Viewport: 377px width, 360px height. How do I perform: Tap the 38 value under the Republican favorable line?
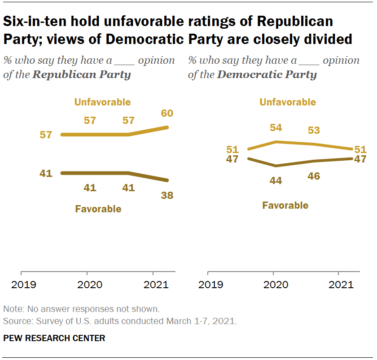pyautogui.click(x=167, y=196)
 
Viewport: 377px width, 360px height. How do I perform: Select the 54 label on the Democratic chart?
pyautogui.click(x=275, y=128)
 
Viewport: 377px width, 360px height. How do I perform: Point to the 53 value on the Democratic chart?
pyautogui.click(x=313, y=131)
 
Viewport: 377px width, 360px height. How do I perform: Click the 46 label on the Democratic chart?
pyautogui.click(x=313, y=176)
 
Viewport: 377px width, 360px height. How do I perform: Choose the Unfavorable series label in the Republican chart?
pyautogui.click(x=102, y=102)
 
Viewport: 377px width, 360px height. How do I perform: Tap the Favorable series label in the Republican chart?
pyautogui.click(x=98, y=209)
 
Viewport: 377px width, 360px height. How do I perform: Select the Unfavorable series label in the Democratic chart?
pyautogui.click(x=288, y=102)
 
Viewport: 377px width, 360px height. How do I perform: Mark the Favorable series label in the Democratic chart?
pyautogui.click(x=285, y=206)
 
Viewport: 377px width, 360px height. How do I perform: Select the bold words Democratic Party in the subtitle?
pyautogui.click(x=267, y=75)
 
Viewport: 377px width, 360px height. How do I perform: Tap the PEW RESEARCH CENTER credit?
pyautogui.click(x=54, y=338)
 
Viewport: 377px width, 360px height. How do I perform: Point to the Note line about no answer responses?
pyautogui.click(x=81, y=309)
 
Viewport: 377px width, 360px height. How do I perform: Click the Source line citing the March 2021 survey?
pyautogui.click(x=120, y=321)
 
